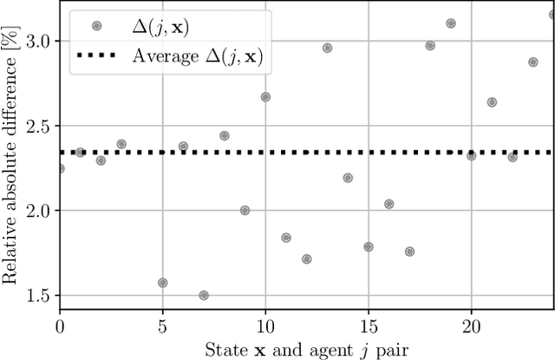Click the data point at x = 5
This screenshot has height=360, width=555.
click(x=162, y=283)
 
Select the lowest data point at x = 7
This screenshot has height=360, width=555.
click(x=204, y=295)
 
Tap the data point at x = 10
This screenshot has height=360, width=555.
click(x=265, y=97)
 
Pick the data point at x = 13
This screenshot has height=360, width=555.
click(x=327, y=48)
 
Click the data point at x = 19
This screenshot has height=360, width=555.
click(x=450, y=23)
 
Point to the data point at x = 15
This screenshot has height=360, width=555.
click(x=368, y=246)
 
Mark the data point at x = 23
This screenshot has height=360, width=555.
click(x=532, y=62)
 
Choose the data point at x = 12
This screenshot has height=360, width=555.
click(x=306, y=259)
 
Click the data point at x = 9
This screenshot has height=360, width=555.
click(x=245, y=210)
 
